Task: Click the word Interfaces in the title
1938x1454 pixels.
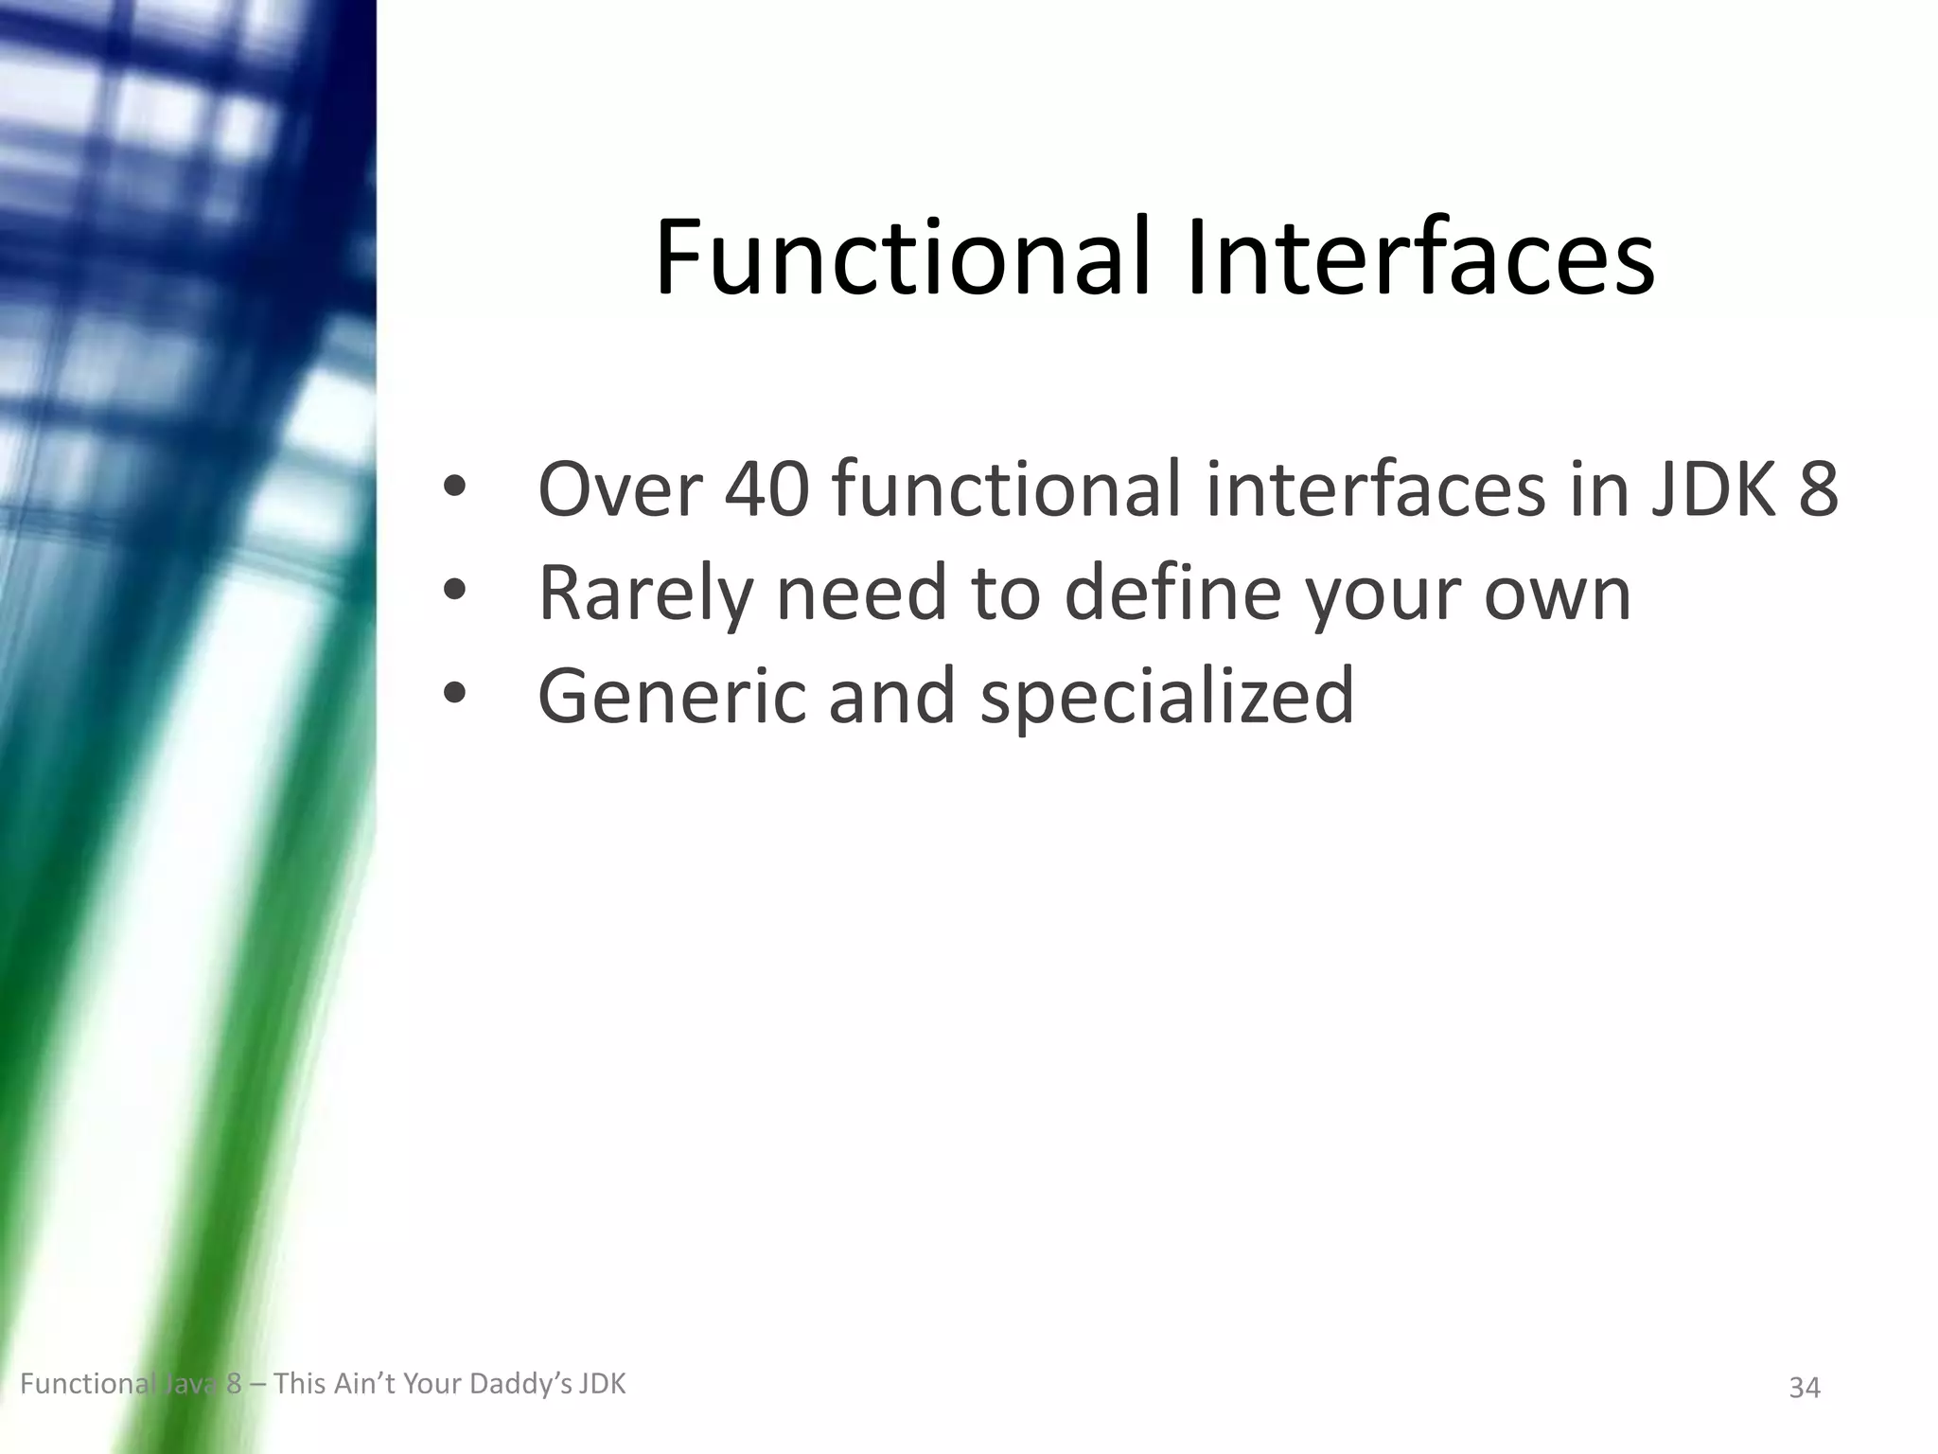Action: [1420, 257]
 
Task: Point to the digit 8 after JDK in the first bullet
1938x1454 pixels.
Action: [1818, 489]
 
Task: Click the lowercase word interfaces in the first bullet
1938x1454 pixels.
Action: [1376, 489]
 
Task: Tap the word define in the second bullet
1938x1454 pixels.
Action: [1174, 594]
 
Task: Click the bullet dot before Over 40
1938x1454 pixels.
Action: [455, 488]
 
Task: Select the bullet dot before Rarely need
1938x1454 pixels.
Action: [455, 592]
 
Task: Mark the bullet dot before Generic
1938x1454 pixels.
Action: [455, 695]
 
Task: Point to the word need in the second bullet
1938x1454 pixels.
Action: [861, 594]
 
